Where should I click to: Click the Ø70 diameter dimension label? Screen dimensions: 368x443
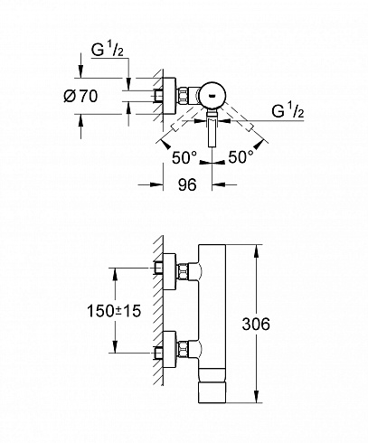click(x=80, y=97)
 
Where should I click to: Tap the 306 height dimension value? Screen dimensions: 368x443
click(x=256, y=325)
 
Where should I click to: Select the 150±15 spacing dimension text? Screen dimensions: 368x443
click(x=114, y=311)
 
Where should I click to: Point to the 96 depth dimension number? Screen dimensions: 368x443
click(x=187, y=184)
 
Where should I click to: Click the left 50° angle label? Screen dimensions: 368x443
click(x=184, y=158)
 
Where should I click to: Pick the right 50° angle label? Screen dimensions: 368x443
click(x=241, y=157)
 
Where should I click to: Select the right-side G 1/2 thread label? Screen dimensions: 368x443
click(x=288, y=111)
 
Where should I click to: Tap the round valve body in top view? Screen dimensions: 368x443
click(x=212, y=96)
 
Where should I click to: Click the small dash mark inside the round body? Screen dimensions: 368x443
click(x=212, y=96)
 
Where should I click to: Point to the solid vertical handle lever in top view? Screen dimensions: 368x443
click(x=212, y=132)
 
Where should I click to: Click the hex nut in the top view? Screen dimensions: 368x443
click(x=183, y=96)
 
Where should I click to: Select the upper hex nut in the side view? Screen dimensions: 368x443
click(x=183, y=272)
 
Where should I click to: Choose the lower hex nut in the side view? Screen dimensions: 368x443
click(x=183, y=350)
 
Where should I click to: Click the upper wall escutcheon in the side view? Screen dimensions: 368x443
click(x=169, y=271)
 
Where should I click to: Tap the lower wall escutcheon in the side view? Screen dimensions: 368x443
click(x=169, y=350)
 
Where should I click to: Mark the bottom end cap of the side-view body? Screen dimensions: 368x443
click(x=212, y=392)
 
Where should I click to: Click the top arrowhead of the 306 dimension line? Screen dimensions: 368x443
click(x=257, y=250)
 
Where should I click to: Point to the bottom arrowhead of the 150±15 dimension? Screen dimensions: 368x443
click(x=115, y=346)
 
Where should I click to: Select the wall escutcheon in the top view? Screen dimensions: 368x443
click(x=169, y=96)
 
